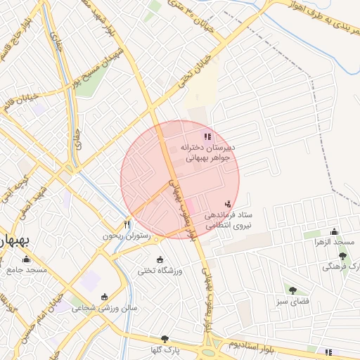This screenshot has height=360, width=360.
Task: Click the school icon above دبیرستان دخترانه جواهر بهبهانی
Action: point(207,136)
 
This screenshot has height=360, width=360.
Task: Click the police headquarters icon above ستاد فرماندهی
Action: point(227,204)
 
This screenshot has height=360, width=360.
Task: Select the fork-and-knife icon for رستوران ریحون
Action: point(127,224)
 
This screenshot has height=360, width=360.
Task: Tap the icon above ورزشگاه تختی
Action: point(160,259)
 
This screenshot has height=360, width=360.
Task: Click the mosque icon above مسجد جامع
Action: point(28,258)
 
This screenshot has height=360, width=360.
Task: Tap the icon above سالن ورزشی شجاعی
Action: point(105,296)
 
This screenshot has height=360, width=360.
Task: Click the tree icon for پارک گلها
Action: point(165,338)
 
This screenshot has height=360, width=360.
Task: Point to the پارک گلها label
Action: point(166,349)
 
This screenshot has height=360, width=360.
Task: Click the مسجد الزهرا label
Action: point(335,242)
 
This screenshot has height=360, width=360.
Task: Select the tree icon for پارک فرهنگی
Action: point(342,256)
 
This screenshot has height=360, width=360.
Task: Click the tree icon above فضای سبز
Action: point(292,290)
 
